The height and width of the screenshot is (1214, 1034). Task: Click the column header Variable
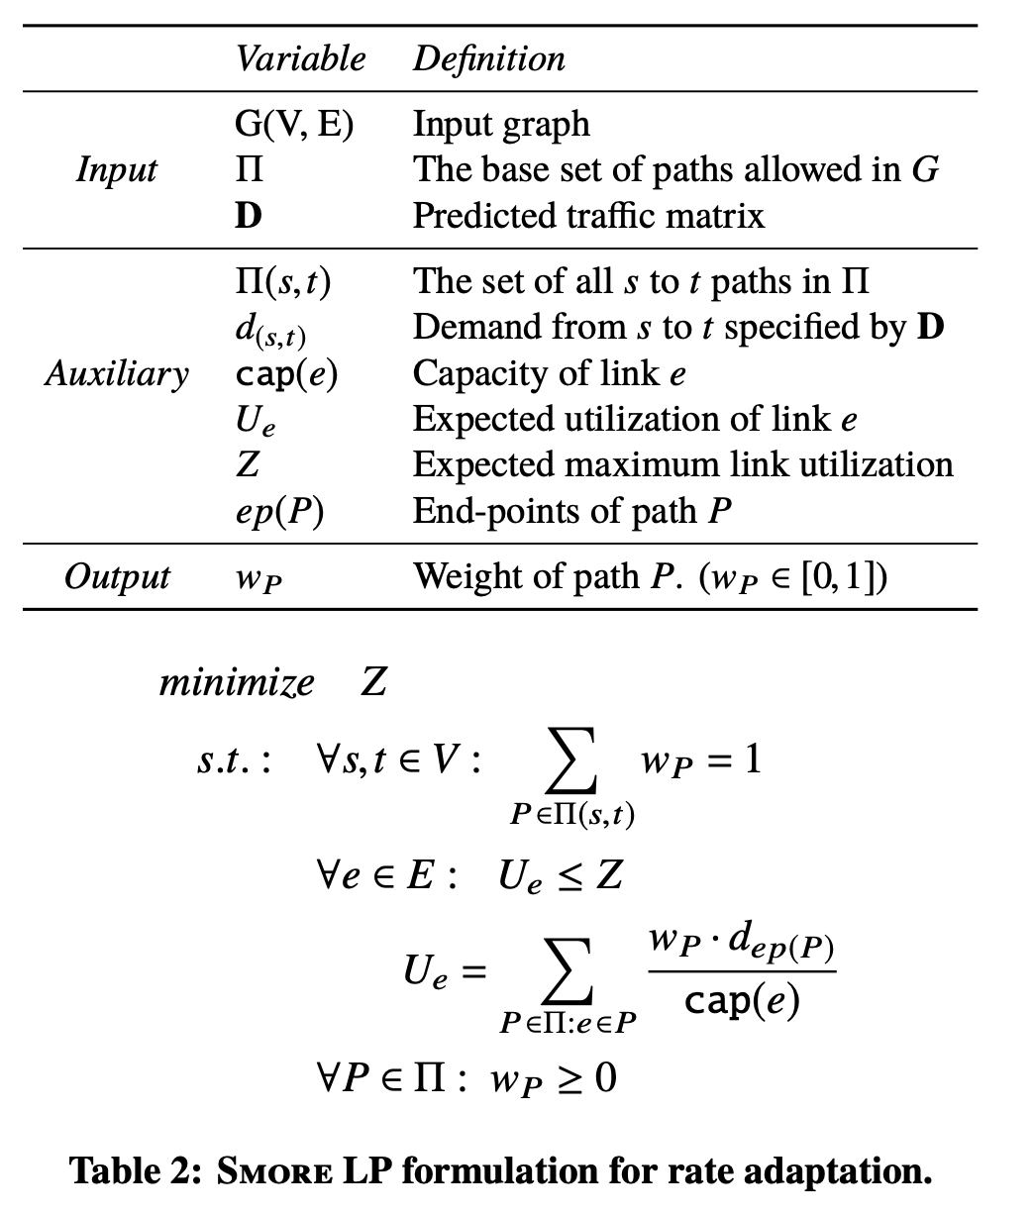click(300, 58)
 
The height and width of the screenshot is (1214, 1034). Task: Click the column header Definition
click(488, 58)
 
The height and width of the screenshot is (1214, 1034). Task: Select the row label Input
click(116, 169)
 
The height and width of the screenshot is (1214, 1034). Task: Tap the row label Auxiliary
click(116, 374)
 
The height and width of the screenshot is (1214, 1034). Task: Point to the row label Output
click(116, 577)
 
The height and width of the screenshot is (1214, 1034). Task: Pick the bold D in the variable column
click(248, 215)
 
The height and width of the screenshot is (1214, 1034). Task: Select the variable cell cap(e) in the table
click(285, 374)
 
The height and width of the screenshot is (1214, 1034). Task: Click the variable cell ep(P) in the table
click(278, 512)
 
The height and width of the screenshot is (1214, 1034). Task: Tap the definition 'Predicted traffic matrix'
click(588, 215)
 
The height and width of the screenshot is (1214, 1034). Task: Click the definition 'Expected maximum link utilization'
click(682, 465)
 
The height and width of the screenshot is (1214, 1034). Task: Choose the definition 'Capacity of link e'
click(549, 374)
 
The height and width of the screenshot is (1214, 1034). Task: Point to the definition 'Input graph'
click(500, 124)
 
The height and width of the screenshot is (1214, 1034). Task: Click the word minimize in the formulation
click(237, 682)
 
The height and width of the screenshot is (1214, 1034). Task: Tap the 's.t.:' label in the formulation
click(233, 762)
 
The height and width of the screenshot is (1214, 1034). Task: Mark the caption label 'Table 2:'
click(136, 1172)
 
